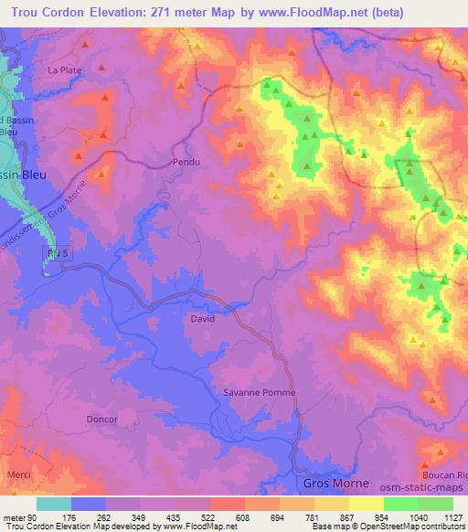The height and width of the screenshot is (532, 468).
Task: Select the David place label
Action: (x=202, y=319)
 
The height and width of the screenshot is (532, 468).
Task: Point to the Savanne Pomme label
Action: (x=260, y=392)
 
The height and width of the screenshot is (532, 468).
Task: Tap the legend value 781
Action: (x=313, y=516)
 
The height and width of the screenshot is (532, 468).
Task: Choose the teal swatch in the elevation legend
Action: (x=54, y=504)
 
